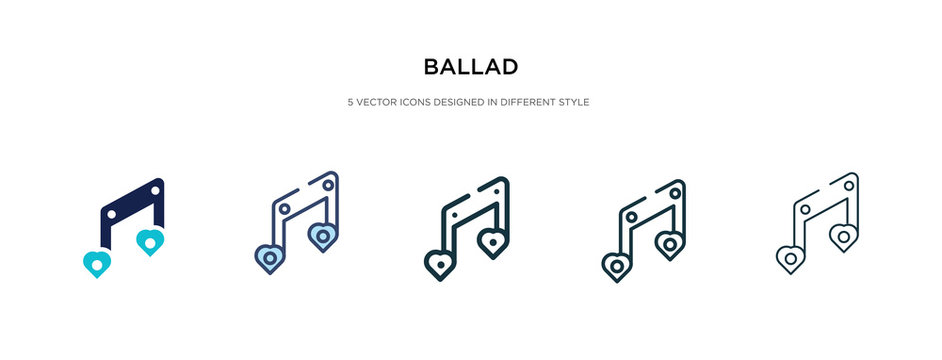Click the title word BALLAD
pyautogui.click(x=470, y=67)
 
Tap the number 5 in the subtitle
pyautogui.click(x=350, y=101)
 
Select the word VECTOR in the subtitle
pyautogui.click(x=376, y=101)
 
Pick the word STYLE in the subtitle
pyautogui.click(x=577, y=101)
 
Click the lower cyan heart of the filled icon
pyautogui.click(x=97, y=263)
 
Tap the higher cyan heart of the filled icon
pyautogui.click(x=150, y=241)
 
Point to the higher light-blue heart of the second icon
pyautogui.click(x=323, y=237)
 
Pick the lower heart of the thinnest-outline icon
pyautogui.click(x=790, y=259)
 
